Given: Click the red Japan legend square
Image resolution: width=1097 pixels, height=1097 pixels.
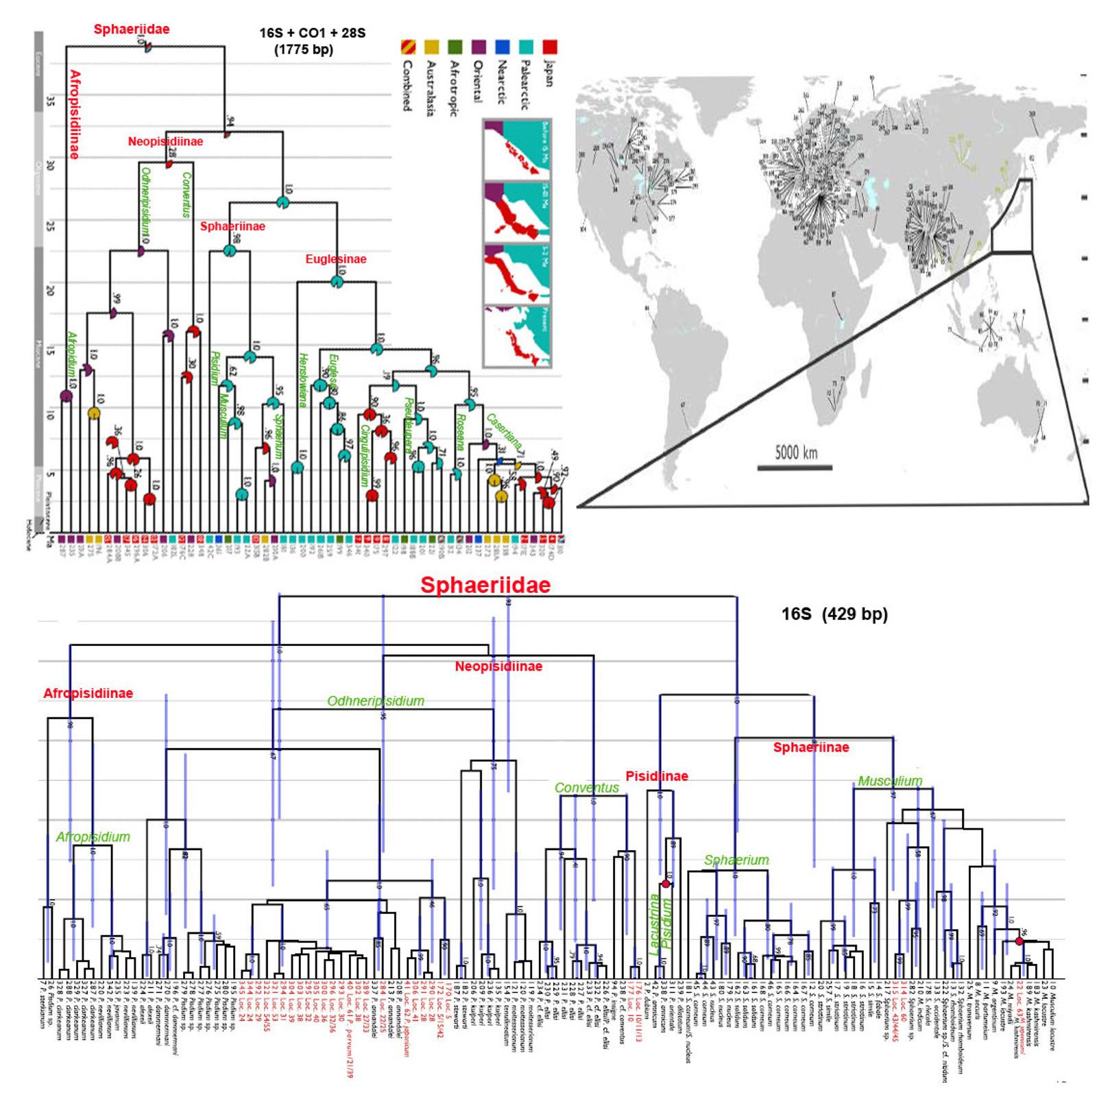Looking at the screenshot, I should (x=549, y=47).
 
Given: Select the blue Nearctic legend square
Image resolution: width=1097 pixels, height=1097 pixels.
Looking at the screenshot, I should (x=502, y=47).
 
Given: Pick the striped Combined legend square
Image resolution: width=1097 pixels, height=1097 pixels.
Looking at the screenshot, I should (x=408, y=47).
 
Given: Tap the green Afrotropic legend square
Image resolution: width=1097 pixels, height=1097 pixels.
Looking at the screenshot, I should (x=455, y=47).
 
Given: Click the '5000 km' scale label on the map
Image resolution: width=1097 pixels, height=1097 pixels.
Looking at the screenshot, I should (x=796, y=453).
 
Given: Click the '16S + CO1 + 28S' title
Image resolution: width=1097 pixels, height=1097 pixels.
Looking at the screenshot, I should (x=312, y=32).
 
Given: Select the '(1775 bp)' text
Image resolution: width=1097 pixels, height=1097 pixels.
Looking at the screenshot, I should (x=304, y=49).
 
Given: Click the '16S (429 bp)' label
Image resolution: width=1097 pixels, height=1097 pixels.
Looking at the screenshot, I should (x=834, y=614).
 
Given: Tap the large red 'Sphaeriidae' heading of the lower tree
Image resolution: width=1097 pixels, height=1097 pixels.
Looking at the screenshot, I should (x=485, y=585).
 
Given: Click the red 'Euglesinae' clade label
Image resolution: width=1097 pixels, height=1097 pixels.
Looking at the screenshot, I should (x=336, y=259).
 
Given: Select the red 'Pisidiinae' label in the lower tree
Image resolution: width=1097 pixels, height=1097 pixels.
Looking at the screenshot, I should (x=657, y=776).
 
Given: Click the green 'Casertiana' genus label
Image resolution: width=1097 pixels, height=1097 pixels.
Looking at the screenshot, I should (x=505, y=432).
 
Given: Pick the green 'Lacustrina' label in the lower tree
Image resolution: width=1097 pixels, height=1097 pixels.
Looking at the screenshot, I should (x=654, y=923).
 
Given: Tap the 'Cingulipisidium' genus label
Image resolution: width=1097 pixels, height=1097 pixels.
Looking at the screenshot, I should (x=365, y=455).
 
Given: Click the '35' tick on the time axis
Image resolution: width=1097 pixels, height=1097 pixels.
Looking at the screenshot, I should (x=50, y=101).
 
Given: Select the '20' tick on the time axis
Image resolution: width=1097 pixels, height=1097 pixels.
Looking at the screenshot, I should (x=50, y=290).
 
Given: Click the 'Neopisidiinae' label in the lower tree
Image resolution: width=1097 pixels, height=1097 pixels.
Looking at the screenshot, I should (x=498, y=666).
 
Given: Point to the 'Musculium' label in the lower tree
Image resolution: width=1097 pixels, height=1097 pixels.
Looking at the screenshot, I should (x=890, y=781).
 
